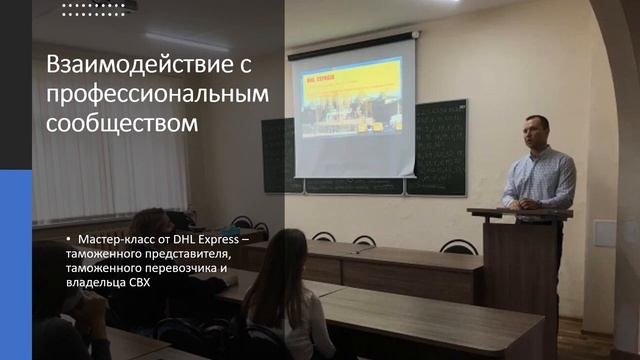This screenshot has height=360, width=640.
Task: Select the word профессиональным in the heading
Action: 158,95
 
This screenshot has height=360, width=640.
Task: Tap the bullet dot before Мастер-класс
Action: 69,243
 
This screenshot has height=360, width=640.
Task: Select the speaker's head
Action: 537,131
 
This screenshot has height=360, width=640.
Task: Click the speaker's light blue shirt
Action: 539,178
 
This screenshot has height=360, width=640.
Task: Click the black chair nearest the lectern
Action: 459,246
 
